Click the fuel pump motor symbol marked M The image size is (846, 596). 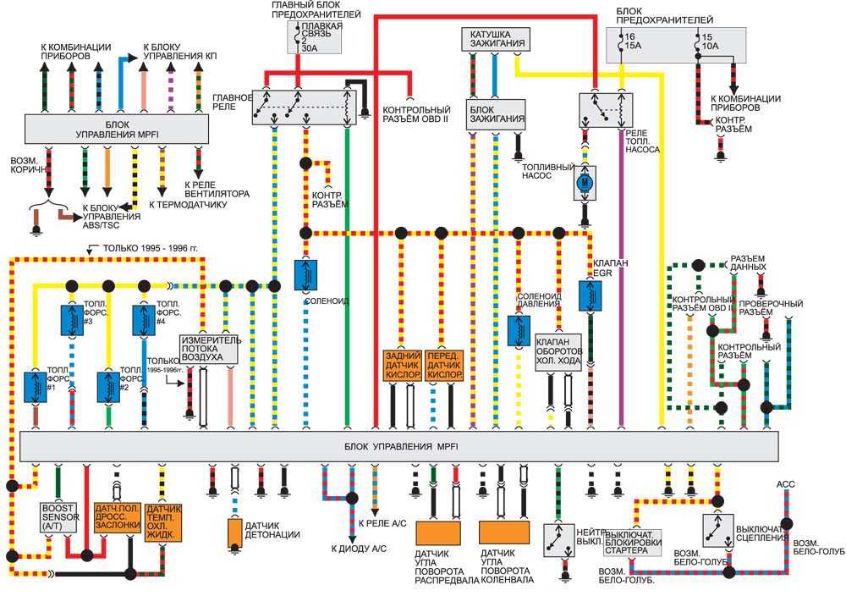coord(584,182)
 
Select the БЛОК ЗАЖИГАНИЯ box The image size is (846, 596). coord(496,114)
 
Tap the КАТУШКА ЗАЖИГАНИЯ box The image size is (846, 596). coord(496,38)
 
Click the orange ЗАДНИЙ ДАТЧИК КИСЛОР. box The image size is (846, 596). coord(402,364)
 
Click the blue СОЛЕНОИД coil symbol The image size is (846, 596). coord(305,273)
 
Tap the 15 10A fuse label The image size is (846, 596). coord(708,42)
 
